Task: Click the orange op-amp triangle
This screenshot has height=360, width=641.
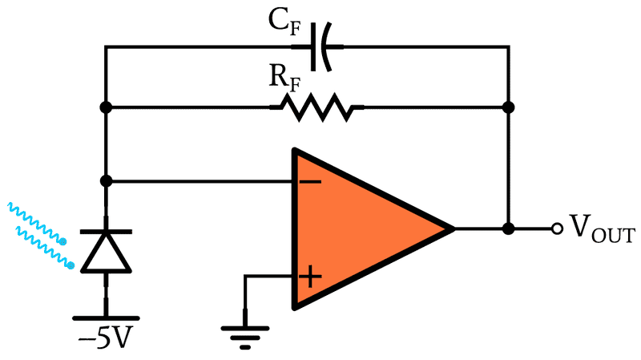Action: click(x=353, y=229)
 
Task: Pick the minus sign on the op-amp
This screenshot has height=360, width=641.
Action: click(x=310, y=180)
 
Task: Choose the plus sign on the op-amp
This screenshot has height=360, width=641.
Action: click(x=310, y=277)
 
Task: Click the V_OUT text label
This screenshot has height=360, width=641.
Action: click(x=601, y=231)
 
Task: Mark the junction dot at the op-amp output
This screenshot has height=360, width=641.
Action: click(x=507, y=229)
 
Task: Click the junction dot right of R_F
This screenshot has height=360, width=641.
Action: click(x=507, y=107)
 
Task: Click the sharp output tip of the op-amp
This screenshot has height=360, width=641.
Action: click(x=453, y=229)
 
